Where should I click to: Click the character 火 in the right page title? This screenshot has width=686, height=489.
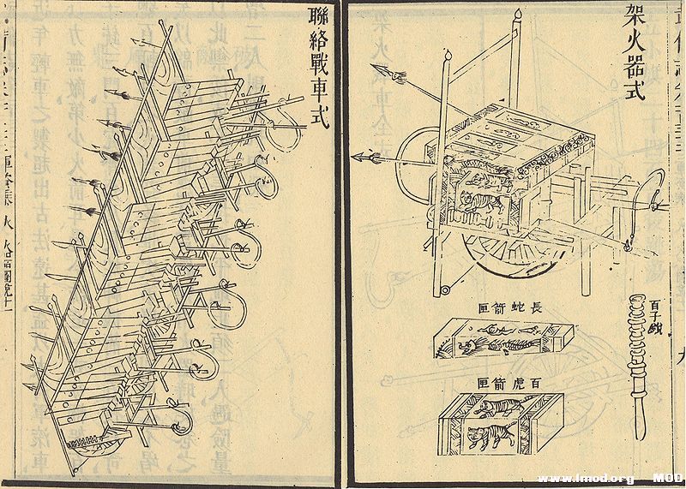point(635,41)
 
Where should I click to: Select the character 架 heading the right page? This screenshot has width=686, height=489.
point(635,15)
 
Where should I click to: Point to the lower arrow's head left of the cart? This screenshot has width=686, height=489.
point(360,156)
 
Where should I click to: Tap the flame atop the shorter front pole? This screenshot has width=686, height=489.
point(447,57)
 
